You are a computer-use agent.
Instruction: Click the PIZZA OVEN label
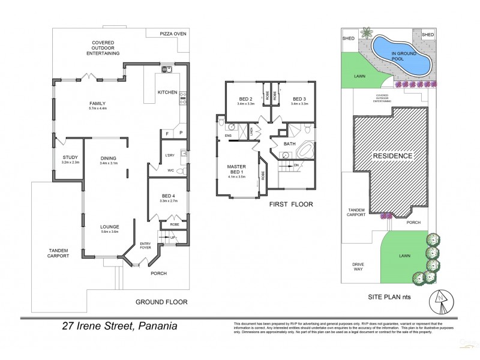pyautogui.click(x=172, y=34)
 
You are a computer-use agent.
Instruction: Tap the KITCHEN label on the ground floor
pyautogui.click(x=167, y=92)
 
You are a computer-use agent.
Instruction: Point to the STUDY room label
pyautogui.click(x=70, y=158)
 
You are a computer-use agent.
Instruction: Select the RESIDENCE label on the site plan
pyautogui.click(x=393, y=156)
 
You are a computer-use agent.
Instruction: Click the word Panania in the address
pyautogui.click(x=154, y=327)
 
